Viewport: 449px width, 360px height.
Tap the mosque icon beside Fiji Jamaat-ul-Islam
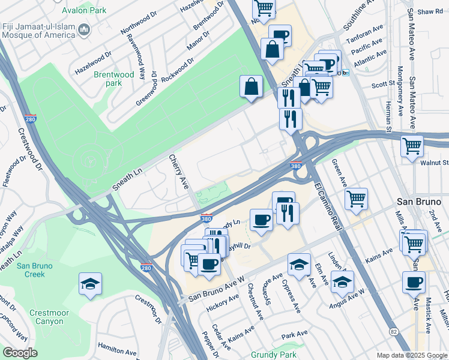(85, 29)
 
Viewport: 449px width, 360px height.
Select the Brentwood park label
(113, 79)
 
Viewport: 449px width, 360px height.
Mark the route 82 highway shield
(394, 331)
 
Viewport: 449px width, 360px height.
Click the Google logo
(20, 352)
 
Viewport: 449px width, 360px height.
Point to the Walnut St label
(436, 163)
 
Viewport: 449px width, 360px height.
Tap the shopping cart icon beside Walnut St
(412, 146)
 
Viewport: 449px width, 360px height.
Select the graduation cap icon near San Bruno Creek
(90, 283)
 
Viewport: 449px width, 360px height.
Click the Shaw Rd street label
(430, 11)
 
